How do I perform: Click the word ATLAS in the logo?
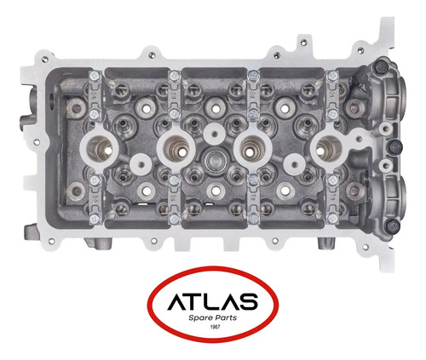click(213, 301)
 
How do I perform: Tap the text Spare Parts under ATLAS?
click(212, 317)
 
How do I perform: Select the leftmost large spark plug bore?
click(100, 148)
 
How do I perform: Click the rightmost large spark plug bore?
click(329, 148)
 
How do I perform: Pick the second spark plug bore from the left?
click(177, 148)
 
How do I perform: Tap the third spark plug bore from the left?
click(253, 148)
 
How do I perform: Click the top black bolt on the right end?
click(381, 67)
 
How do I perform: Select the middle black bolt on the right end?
click(394, 147)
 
